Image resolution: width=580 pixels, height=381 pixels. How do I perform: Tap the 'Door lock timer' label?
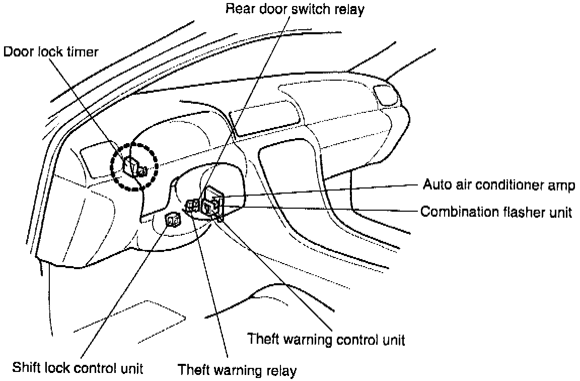[51, 52]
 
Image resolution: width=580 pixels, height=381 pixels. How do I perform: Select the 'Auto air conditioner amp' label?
[497, 185]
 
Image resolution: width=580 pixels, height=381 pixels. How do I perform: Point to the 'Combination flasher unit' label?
[496, 212]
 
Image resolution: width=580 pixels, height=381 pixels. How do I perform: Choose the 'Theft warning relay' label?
[238, 370]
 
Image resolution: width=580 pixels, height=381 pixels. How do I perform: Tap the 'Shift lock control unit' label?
[79, 366]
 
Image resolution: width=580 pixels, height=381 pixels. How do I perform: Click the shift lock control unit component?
[174, 220]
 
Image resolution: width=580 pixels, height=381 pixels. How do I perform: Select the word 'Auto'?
[434, 185]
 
